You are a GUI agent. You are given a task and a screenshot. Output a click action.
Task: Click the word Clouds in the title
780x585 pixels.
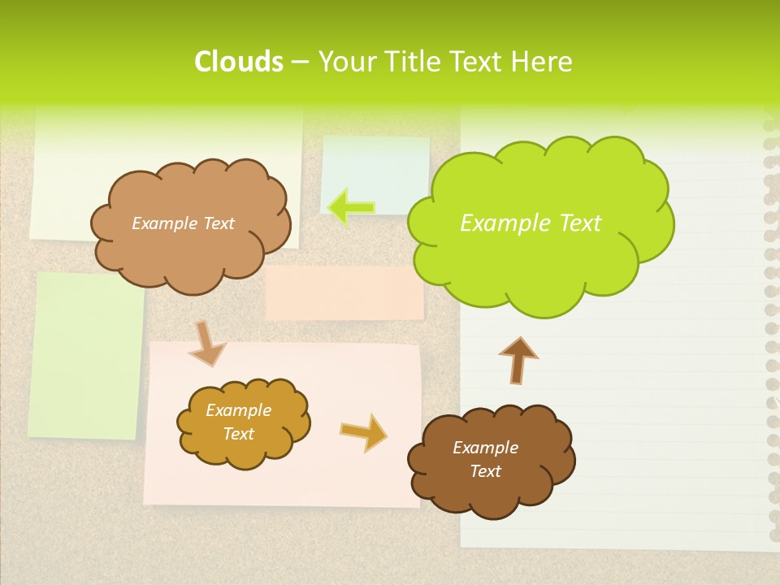[238, 62]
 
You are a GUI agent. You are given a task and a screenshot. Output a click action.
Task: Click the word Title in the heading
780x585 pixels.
[412, 62]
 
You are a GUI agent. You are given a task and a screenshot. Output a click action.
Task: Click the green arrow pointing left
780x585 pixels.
[351, 206]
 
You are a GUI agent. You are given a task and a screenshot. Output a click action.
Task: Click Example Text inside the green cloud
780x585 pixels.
[531, 223]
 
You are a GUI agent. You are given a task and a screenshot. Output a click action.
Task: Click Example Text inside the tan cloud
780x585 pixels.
[183, 223]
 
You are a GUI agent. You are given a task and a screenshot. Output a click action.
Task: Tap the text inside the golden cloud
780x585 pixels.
[239, 422]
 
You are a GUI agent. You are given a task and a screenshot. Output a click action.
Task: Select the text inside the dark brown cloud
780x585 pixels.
[485, 459]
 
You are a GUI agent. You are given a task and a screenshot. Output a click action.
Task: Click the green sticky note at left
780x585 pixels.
[85, 355]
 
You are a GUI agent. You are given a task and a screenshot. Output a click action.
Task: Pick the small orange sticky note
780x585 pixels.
[344, 293]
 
